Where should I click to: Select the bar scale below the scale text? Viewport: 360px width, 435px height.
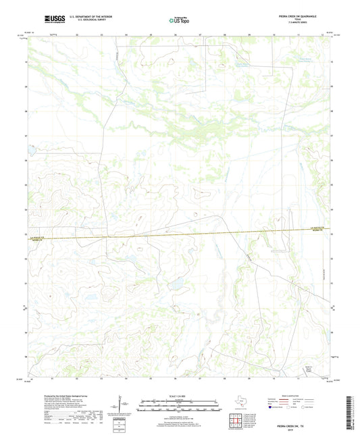[x=179, y=407]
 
